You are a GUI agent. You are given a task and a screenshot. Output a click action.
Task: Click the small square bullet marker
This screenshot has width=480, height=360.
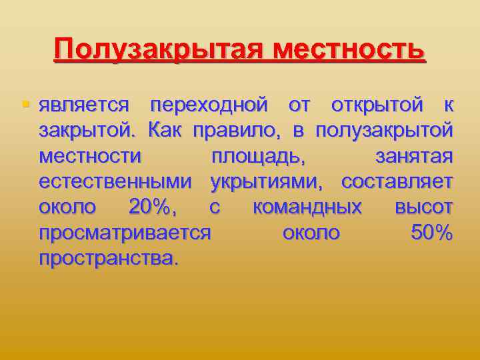(26, 105)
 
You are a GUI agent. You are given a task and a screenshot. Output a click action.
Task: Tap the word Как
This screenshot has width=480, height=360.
(166, 131)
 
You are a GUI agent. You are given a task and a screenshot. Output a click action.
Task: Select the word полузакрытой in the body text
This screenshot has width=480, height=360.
(383, 131)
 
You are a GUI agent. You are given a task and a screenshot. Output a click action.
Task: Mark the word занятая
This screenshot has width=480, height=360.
(414, 157)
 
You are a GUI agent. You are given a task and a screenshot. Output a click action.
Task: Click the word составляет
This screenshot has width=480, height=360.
(397, 182)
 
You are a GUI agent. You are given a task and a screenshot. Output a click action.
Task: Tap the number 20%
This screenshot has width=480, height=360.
(153, 207)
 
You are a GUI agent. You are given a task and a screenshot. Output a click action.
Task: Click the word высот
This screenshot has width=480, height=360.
(424, 207)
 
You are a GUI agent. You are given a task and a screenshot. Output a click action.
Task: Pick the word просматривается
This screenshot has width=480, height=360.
(125, 233)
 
